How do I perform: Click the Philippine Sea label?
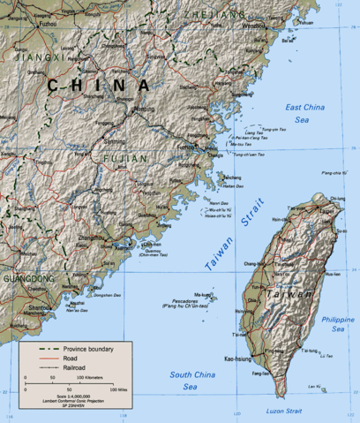336,323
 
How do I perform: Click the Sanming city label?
114,141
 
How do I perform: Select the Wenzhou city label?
253,26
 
